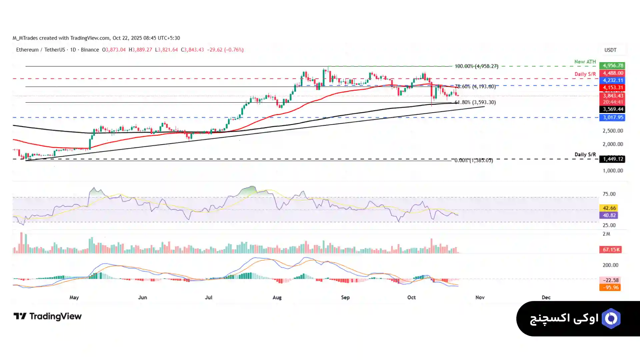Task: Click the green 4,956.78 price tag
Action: coord(612,66)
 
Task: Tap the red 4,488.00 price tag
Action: coord(612,73)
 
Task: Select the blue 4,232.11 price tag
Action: coord(612,80)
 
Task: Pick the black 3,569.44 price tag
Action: coord(612,109)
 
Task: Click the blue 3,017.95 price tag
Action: coord(612,117)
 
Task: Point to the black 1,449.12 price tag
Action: coord(612,159)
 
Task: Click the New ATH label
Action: coord(585,62)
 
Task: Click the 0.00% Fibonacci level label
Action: coord(473,160)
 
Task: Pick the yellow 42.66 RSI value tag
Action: coord(609,208)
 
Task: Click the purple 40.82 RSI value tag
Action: coord(609,215)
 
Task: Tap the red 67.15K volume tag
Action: coord(610,250)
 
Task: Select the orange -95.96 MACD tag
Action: coord(610,287)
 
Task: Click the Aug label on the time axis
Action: coord(277,297)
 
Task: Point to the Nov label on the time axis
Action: coord(480,297)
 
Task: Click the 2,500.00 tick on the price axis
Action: coord(612,131)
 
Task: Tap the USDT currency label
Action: coord(610,50)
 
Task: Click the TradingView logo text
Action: coord(55,316)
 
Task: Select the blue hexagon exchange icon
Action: coord(611,319)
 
